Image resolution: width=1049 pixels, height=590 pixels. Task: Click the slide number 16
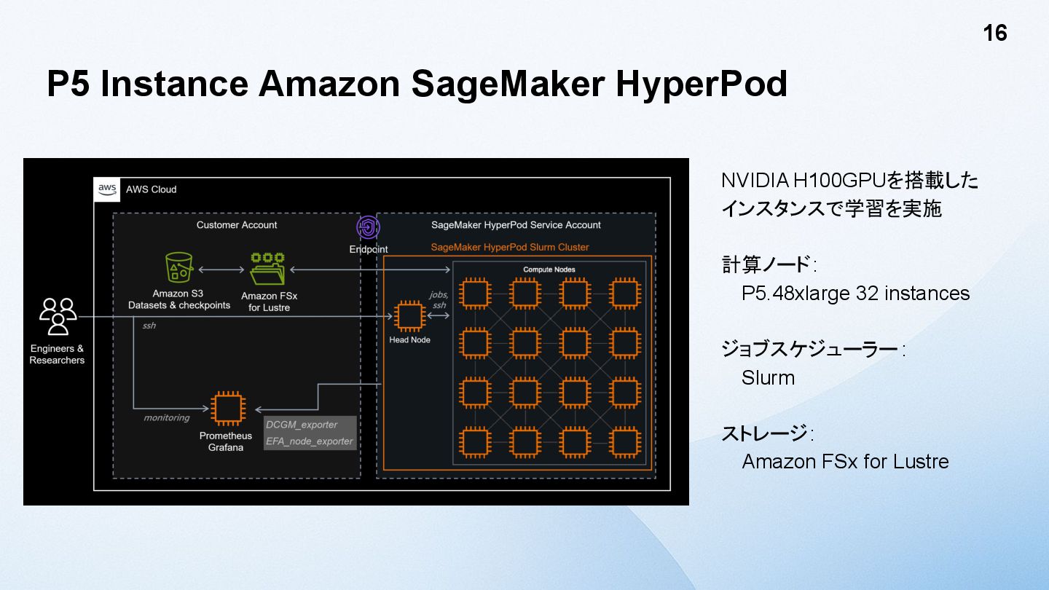pos(994,34)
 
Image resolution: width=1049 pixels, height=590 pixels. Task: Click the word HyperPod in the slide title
pos(702,84)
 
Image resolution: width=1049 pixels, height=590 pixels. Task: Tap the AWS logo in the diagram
pos(107,189)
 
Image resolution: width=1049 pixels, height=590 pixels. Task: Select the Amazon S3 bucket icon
pos(178,268)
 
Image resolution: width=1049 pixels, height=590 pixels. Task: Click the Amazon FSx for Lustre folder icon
pos(267,270)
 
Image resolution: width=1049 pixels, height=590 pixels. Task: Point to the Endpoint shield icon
pos(368,228)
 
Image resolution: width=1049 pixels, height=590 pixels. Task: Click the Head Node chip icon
pos(409,315)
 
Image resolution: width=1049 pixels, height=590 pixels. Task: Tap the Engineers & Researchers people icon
pos(58,316)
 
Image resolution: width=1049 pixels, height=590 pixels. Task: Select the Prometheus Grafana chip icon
pos(226,408)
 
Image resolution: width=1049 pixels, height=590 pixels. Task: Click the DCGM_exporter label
pos(302,425)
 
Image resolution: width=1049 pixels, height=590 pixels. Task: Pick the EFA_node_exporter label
pos(310,441)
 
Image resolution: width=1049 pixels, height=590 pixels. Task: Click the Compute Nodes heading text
pos(549,270)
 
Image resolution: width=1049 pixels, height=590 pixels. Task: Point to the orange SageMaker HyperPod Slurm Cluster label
pos(510,247)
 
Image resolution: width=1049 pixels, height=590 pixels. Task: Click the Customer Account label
pos(237,225)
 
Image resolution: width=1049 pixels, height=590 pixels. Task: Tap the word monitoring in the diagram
pos(166,417)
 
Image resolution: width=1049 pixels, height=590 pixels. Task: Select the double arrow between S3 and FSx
pos(221,270)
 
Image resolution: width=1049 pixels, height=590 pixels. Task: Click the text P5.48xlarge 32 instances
pos(855,294)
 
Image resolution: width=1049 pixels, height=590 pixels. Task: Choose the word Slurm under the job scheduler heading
pos(768,378)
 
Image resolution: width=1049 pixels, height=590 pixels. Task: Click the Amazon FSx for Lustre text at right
pos(845,462)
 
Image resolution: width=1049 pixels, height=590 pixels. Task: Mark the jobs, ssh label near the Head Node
pos(439,300)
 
